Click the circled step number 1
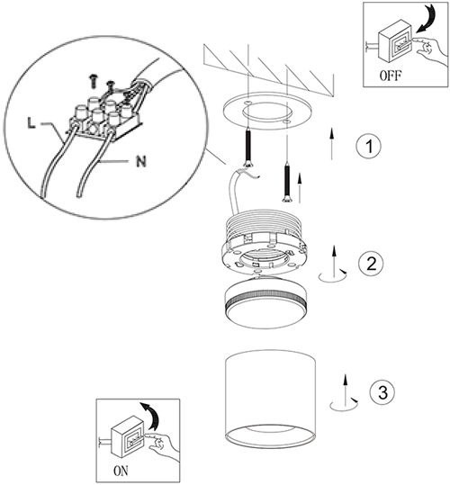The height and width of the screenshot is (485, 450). pyautogui.click(x=368, y=146)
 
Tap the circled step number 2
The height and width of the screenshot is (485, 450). pyautogui.click(x=371, y=264)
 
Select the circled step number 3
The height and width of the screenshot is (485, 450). pyautogui.click(x=382, y=393)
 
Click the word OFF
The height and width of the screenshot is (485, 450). pyautogui.click(x=391, y=76)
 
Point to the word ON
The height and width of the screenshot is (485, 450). pyautogui.click(x=121, y=472)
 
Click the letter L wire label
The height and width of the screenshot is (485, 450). pyautogui.click(x=31, y=123)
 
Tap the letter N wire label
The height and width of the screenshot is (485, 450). pyautogui.click(x=141, y=161)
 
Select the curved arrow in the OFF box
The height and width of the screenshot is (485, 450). pyautogui.click(x=427, y=19)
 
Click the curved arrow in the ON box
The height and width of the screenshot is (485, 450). pyautogui.click(x=150, y=416)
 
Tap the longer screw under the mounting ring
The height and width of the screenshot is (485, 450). pyautogui.click(x=248, y=149)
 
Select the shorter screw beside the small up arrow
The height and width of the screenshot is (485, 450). pyautogui.click(x=287, y=184)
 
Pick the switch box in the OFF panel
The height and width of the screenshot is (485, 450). pyautogui.click(x=395, y=45)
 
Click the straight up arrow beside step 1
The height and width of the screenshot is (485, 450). pyautogui.click(x=331, y=143)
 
